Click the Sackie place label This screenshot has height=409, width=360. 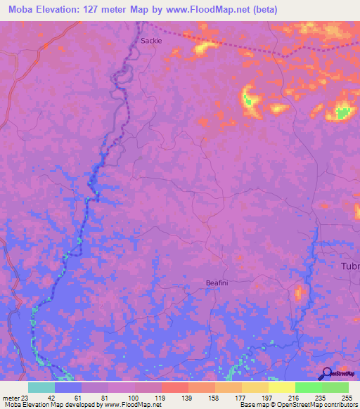point(151,41)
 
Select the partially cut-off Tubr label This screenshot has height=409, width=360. point(349,266)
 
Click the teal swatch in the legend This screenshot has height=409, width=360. point(41,387)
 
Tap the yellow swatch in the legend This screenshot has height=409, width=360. point(281,387)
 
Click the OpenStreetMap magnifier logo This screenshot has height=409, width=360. point(326,373)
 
